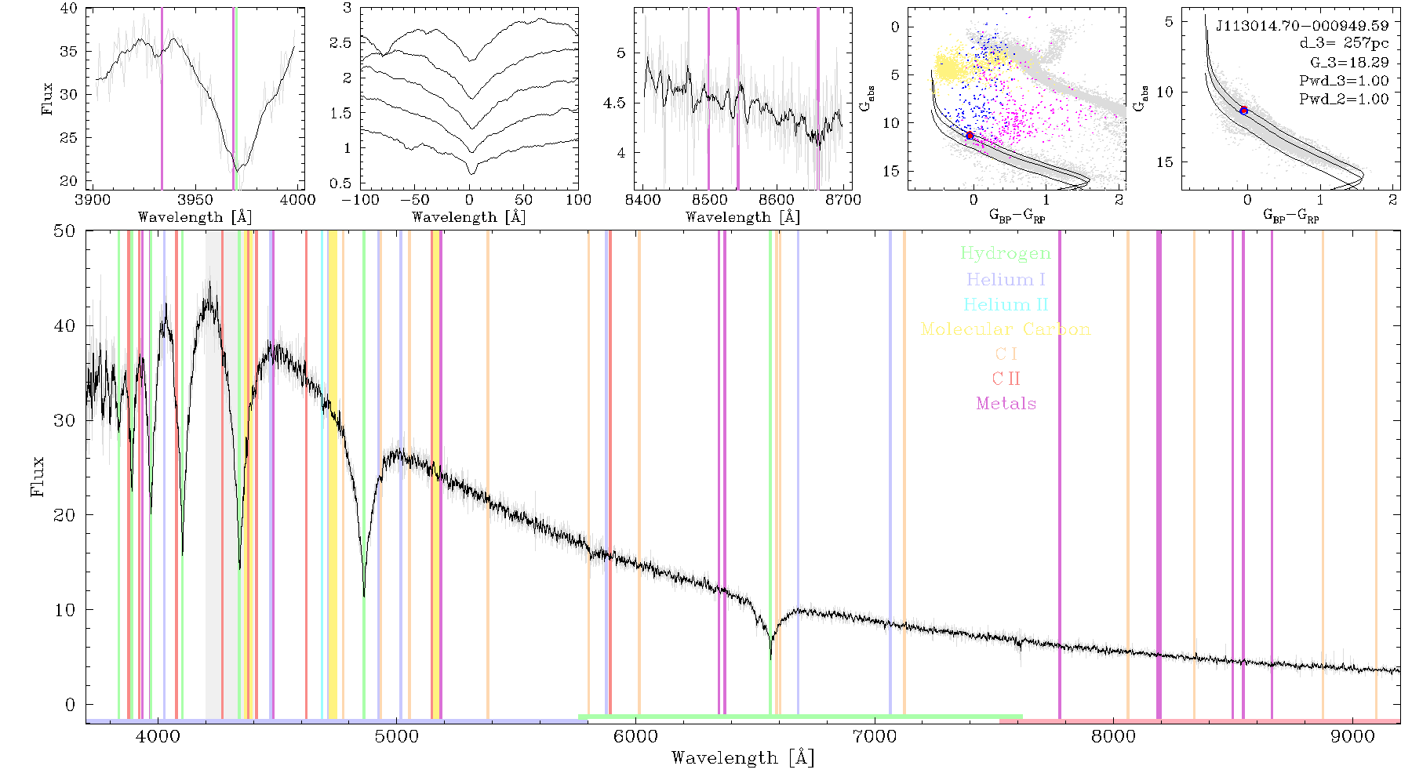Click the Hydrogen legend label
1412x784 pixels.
(1005, 254)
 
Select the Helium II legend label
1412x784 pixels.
(1006, 304)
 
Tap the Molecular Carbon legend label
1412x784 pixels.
(1006, 329)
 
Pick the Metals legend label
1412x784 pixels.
(1006, 404)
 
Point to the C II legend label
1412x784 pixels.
(1006, 379)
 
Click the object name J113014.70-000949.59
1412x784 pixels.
(1302, 26)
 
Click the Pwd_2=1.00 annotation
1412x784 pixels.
(1344, 100)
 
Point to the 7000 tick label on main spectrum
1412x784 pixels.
(874, 737)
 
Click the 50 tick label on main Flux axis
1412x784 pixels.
(65, 230)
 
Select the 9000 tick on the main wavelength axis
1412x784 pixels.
(1352, 737)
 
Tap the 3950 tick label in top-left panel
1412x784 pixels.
(195, 200)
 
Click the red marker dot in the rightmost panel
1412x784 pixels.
(1243, 111)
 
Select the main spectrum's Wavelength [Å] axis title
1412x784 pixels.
(743, 758)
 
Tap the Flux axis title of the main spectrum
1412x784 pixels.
(37, 476)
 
